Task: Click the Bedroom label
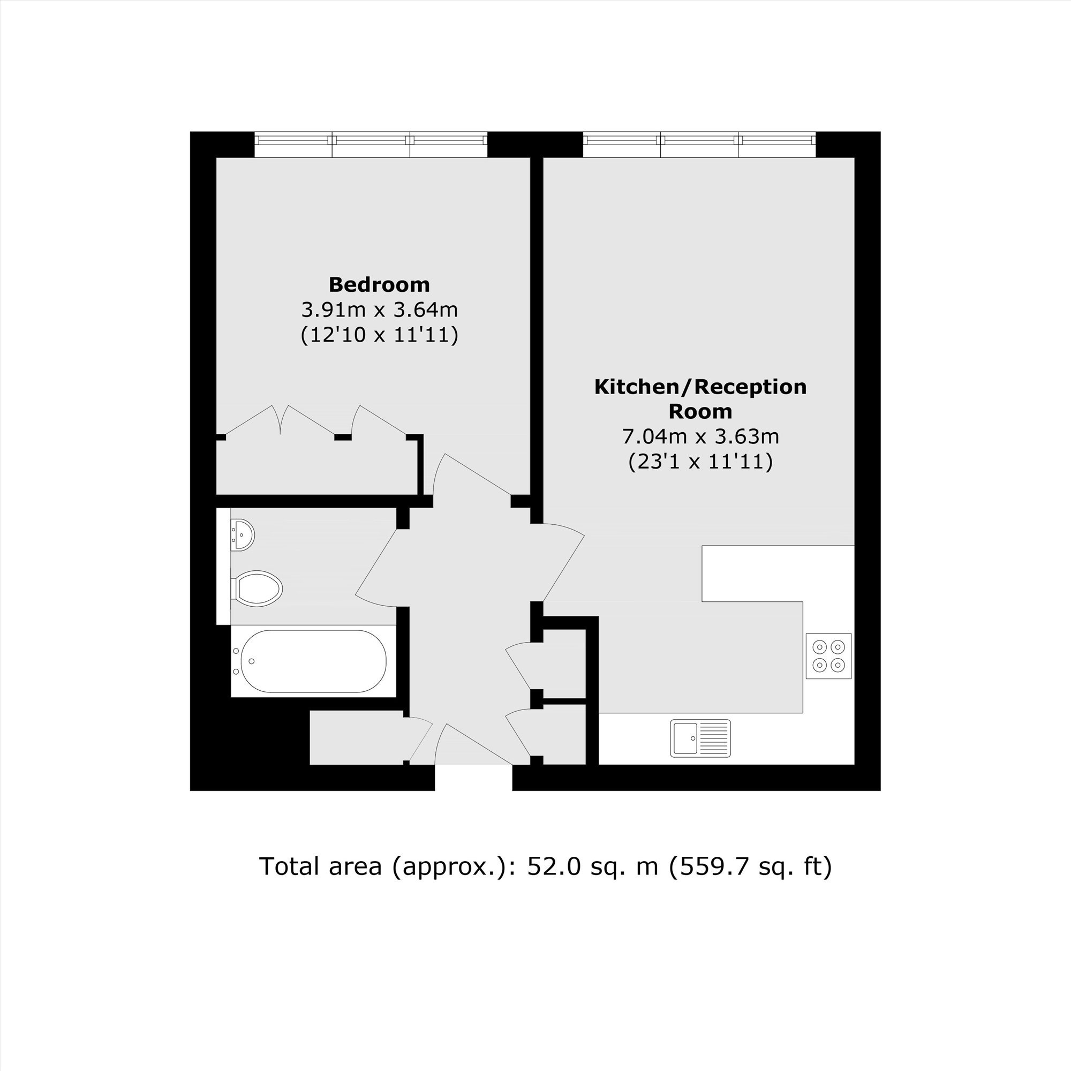[379, 284]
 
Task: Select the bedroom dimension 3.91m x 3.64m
[379, 310]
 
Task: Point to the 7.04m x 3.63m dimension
[700, 436]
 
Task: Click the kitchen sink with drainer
[700, 738]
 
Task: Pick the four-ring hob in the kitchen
[828, 656]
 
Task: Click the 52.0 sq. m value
[593, 866]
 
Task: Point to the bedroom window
[371, 145]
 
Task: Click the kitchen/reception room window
[699, 145]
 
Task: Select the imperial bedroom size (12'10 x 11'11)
[379, 334]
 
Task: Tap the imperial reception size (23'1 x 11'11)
[700, 461]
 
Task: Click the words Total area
[320, 866]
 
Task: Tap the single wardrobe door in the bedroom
[379, 420]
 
